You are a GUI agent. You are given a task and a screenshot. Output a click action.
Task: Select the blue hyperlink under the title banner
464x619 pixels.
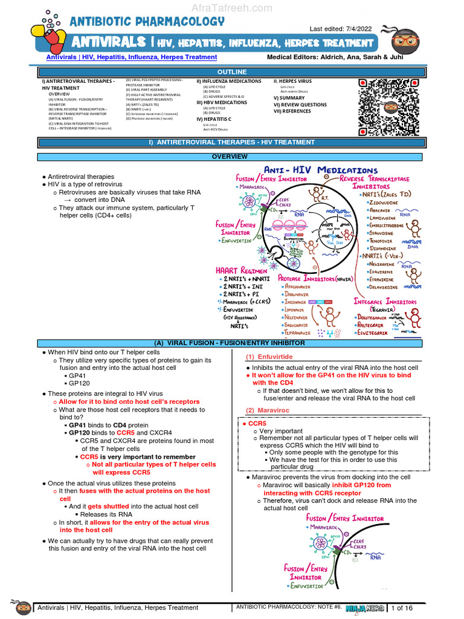point(132,57)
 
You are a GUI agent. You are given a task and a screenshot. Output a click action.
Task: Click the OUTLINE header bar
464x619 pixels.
point(232,72)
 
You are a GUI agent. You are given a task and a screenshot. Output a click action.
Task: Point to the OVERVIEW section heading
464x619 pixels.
point(229,157)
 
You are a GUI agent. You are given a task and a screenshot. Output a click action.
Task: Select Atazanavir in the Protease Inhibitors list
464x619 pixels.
point(298,287)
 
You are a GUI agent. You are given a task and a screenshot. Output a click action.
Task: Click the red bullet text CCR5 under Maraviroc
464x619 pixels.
point(256,424)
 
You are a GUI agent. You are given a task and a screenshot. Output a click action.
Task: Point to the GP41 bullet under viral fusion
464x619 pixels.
point(76,375)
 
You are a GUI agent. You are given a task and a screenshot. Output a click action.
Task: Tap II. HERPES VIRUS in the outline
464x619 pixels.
point(293,81)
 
